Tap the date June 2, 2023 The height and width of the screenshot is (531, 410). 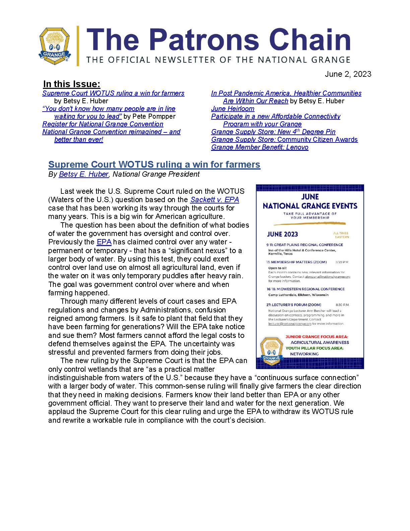click(348, 74)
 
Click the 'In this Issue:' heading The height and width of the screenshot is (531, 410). click(72, 84)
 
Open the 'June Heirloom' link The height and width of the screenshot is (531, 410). click(232, 109)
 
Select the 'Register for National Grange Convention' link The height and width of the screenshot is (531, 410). click(103, 124)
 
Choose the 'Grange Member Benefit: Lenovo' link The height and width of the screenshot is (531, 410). click(260, 147)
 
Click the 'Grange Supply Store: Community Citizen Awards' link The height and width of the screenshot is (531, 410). click(284, 139)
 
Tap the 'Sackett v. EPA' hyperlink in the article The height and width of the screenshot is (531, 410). click(214, 200)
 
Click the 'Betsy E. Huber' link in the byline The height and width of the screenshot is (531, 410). click(83, 174)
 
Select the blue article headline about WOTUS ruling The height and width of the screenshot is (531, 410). click(154, 164)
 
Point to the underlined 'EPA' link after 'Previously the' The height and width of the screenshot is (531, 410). click(104, 242)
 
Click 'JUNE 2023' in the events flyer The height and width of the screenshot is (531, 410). click(282, 234)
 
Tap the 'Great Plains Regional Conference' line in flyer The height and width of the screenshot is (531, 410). click(304, 245)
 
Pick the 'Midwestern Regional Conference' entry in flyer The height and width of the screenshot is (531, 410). click(305, 289)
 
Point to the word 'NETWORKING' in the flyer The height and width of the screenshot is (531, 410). click(304, 354)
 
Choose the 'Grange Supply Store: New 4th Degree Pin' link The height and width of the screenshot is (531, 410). click(273, 132)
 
